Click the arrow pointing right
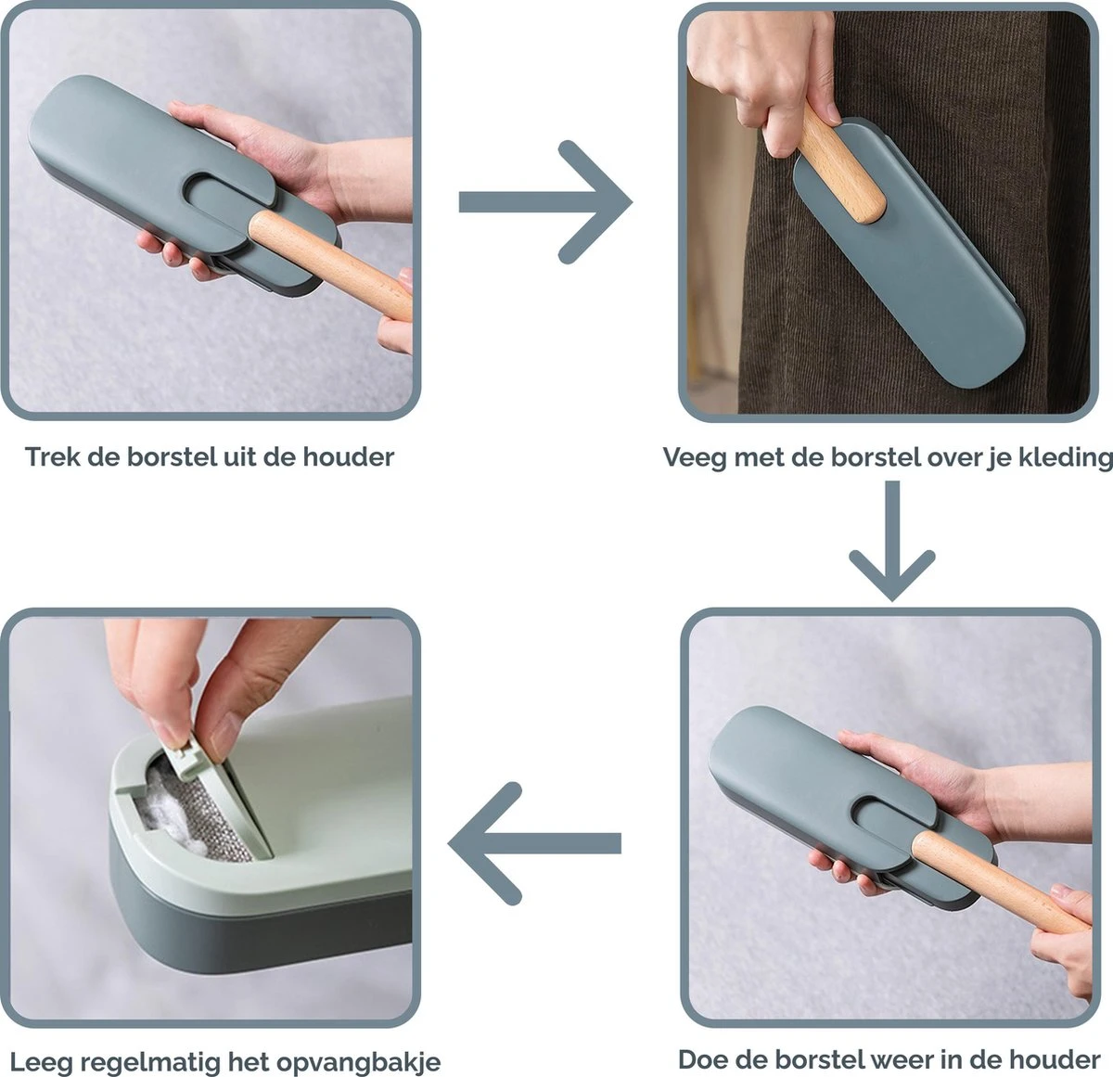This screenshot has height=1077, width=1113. pos(545,202)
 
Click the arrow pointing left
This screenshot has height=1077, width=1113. pos(534,843)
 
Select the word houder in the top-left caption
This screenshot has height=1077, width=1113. pos(349,457)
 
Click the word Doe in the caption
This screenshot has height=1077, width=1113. pos(703,1060)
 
